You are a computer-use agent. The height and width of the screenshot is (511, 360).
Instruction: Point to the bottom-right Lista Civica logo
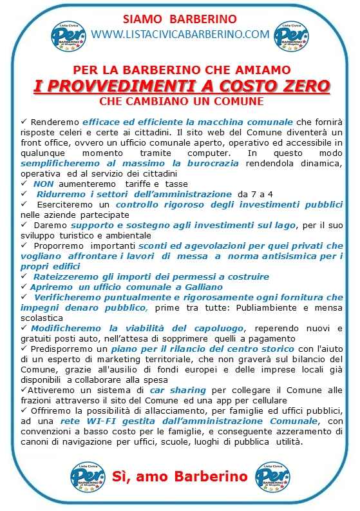click(273, 477)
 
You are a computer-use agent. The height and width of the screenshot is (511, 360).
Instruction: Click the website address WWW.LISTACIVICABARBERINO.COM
click(180, 34)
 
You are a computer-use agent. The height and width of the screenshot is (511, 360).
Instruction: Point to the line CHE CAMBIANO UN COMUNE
click(180, 102)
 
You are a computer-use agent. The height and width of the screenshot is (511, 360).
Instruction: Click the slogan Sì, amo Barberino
click(180, 477)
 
